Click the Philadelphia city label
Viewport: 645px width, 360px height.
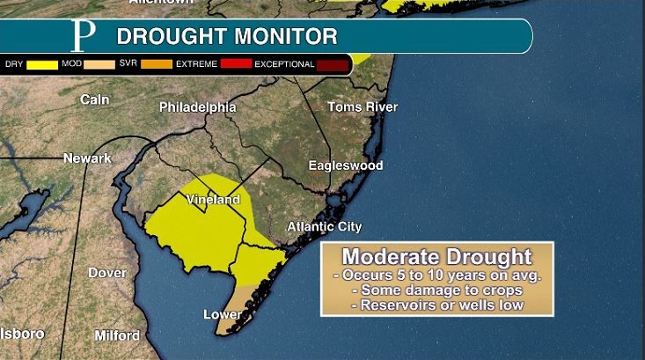pos(197,107)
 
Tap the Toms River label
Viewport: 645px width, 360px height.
pos(363,107)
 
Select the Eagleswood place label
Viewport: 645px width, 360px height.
pos(346,165)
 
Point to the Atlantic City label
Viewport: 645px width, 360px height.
pos(325,227)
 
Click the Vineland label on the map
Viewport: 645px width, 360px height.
pos(213,200)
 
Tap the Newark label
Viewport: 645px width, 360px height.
pos(87,158)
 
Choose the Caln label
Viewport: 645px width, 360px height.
pos(94,100)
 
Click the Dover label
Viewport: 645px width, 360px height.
pos(106,273)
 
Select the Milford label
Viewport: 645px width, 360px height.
pos(117,335)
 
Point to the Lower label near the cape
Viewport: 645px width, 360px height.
pos(222,314)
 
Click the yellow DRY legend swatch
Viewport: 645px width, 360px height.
pos(40,64)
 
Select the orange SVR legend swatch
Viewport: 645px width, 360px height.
pos(155,64)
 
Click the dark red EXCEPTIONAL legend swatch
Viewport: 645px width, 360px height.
pos(333,64)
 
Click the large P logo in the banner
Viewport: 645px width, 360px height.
pos(83,36)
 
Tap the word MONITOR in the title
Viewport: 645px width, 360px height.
pos(283,37)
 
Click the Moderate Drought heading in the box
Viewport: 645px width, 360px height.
pos(436,257)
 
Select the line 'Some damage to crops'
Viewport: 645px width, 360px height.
pos(436,290)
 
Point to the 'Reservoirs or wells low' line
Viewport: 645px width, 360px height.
pos(436,305)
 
